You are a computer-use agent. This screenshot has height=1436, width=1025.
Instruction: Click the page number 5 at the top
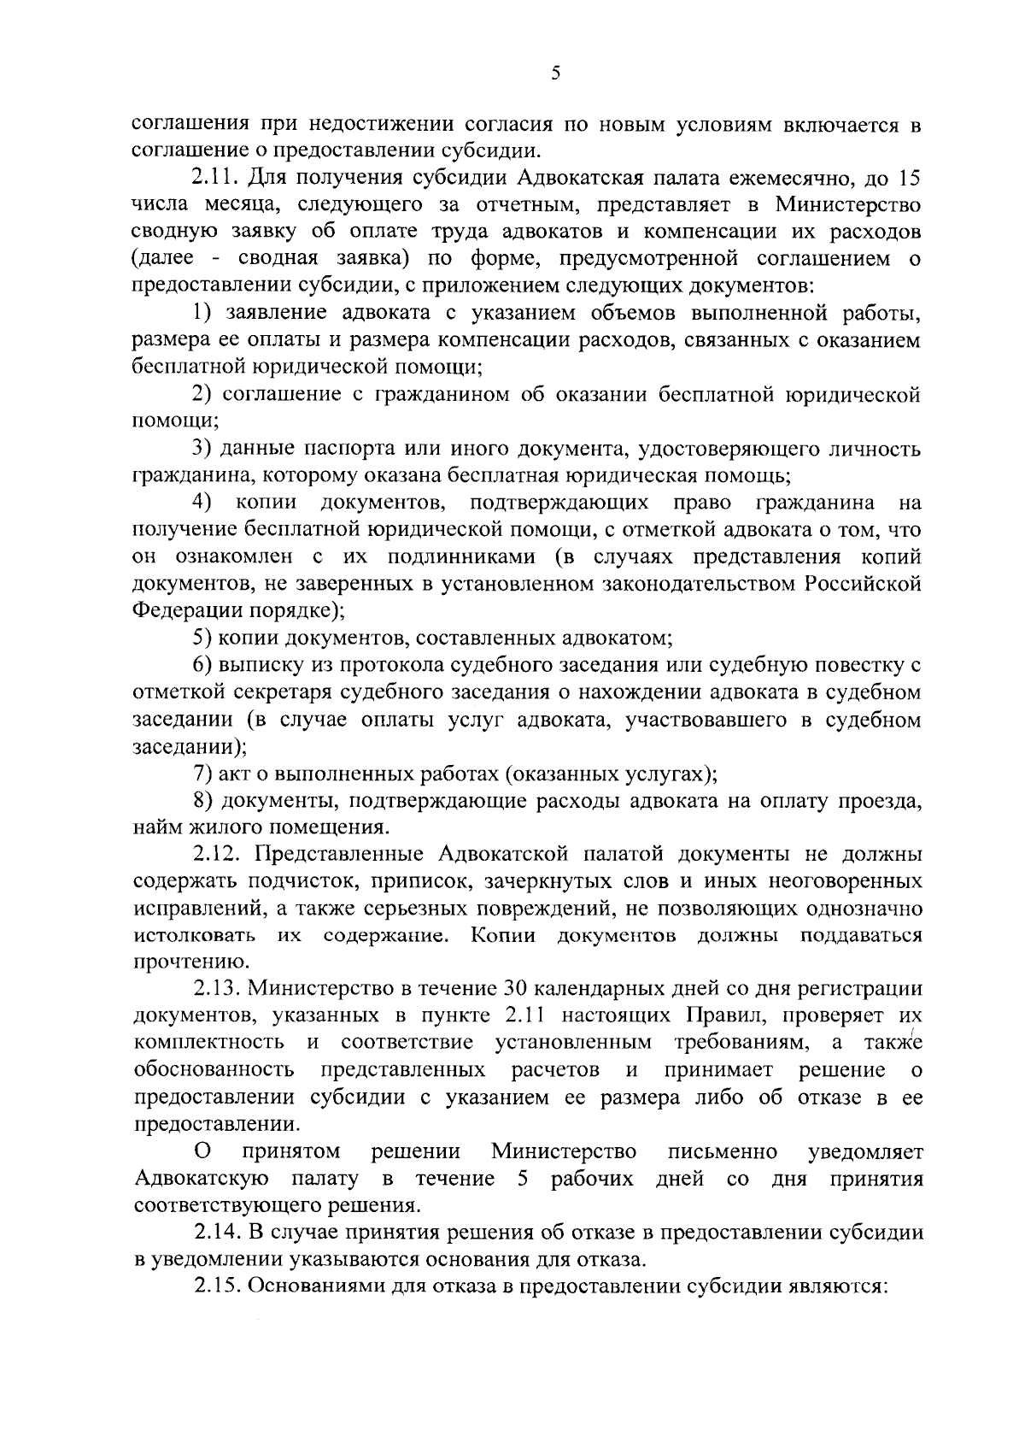[555, 74]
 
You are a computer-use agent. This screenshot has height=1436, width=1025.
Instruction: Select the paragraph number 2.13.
[220, 989]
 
